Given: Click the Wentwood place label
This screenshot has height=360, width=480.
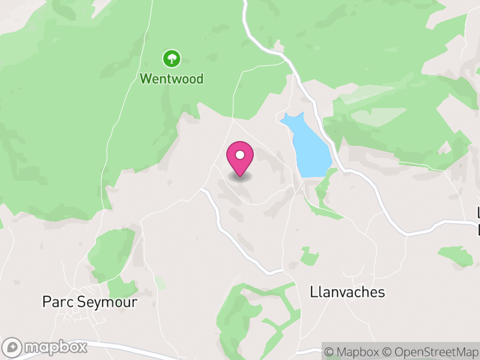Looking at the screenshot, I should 172,79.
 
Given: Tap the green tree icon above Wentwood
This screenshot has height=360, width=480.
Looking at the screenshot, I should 172,58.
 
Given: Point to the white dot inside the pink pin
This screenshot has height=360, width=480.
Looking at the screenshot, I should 240,155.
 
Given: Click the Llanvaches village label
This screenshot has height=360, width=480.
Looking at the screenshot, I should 347,292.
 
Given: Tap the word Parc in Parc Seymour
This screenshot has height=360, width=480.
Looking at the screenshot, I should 55,302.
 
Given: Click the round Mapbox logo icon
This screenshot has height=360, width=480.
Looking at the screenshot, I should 13,347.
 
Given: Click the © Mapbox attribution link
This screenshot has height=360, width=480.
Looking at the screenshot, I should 358,352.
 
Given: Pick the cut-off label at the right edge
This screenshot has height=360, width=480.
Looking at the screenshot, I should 478,221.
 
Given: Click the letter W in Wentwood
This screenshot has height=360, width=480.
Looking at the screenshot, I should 146,79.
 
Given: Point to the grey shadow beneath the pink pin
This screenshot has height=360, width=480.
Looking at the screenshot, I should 240,176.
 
